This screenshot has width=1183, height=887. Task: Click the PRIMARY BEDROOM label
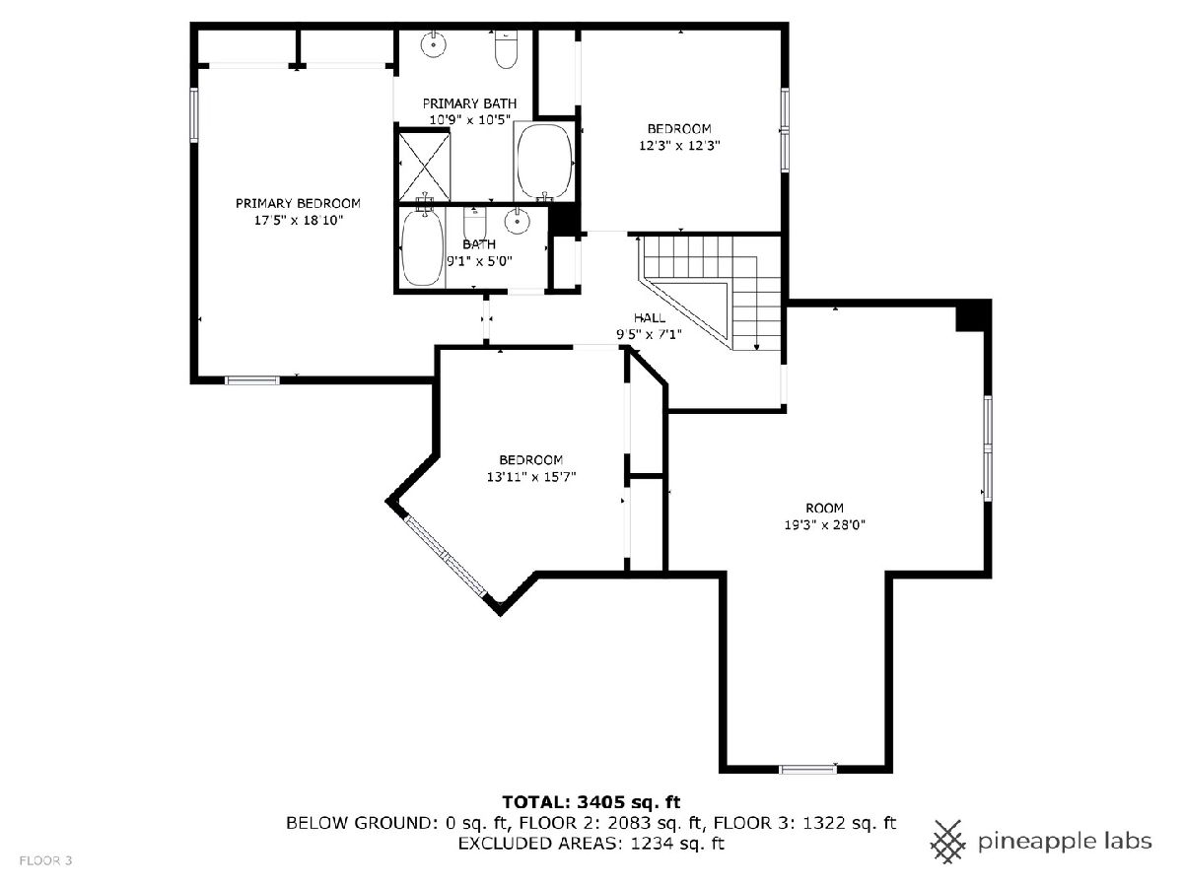(x=298, y=204)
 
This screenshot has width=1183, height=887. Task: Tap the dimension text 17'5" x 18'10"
(x=299, y=220)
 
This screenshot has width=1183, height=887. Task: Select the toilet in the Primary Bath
(x=506, y=49)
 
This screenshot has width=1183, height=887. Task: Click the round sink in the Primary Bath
(x=433, y=44)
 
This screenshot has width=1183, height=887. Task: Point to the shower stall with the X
(x=424, y=167)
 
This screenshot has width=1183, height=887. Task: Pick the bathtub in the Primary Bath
(x=544, y=163)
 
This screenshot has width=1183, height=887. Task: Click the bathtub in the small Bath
(x=422, y=247)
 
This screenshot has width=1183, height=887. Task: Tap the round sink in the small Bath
(x=518, y=221)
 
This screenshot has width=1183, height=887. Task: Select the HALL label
(x=650, y=317)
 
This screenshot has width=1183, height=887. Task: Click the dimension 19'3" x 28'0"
(x=824, y=524)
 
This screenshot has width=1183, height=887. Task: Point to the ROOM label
(x=824, y=508)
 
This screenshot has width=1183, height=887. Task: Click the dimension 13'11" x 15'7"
(x=531, y=477)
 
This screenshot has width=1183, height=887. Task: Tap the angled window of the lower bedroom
(x=447, y=556)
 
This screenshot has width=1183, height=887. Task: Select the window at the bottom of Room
(x=807, y=770)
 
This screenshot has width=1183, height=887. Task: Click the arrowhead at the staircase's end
(x=757, y=347)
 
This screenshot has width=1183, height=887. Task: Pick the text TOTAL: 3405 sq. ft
(x=591, y=802)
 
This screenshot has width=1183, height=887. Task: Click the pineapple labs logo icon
(x=948, y=842)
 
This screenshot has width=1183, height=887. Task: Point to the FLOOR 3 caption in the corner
(x=45, y=860)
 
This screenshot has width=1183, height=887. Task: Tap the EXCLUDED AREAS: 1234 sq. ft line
(x=591, y=844)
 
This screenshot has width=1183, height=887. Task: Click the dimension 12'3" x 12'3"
(x=679, y=146)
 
